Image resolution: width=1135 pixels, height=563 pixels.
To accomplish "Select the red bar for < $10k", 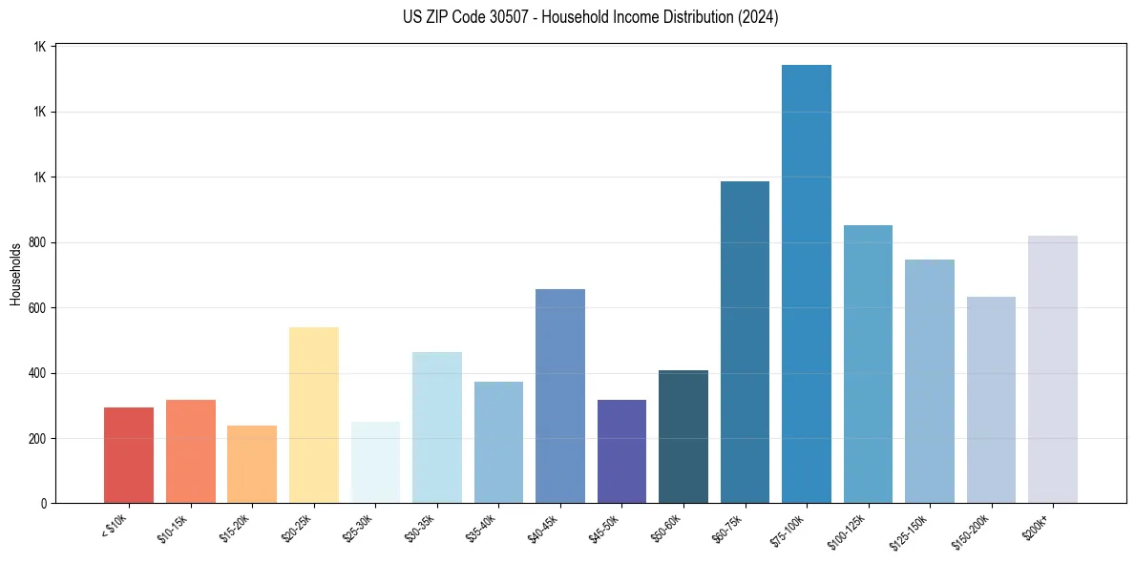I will pyautogui.click(x=129, y=455).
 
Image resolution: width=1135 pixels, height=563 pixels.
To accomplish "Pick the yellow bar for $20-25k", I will pyautogui.click(x=314, y=415).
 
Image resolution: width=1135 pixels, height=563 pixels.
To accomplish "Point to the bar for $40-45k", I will pyautogui.click(x=560, y=396).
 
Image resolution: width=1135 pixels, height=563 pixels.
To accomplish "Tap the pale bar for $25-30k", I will pyautogui.click(x=375, y=462).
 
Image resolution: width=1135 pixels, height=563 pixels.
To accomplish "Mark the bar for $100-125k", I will pyautogui.click(x=868, y=364).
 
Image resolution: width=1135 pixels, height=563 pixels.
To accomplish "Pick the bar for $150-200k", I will pyautogui.click(x=991, y=400).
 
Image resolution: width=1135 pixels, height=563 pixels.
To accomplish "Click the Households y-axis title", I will pyautogui.click(x=15, y=274).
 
